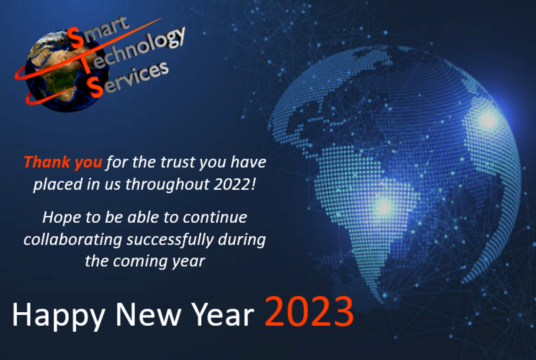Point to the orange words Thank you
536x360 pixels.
tap(63, 162)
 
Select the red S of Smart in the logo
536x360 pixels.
tap(76, 39)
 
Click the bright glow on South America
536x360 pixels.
tap(384, 206)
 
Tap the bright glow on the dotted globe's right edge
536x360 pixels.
tap(488, 120)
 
